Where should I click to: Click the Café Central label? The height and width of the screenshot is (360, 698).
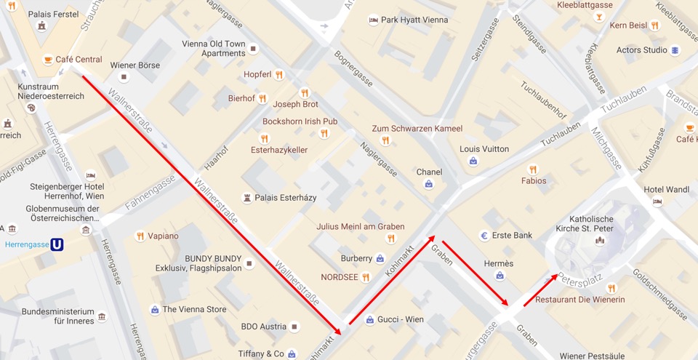[x=79, y=60]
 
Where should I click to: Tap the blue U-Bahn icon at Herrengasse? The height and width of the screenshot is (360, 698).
[x=57, y=244]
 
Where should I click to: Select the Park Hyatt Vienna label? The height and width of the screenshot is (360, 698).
[x=414, y=20]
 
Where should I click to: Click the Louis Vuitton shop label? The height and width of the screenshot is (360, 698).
[x=484, y=149]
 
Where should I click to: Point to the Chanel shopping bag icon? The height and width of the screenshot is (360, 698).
[x=429, y=185]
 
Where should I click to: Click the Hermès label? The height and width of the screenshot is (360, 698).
[x=499, y=263]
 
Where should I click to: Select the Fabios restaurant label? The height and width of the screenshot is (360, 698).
[x=534, y=180]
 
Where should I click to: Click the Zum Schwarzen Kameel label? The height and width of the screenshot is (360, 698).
[x=417, y=129]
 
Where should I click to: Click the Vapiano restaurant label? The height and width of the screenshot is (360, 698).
[x=163, y=236]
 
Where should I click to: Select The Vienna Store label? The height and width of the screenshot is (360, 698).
[x=194, y=309]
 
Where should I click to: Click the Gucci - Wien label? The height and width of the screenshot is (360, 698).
[x=400, y=319]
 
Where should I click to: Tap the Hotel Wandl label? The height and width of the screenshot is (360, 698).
[x=667, y=190]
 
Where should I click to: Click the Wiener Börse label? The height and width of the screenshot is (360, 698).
[x=135, y=65]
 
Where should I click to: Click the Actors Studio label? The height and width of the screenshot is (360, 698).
[x=641, y=50]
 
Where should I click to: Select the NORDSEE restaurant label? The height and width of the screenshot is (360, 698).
[x=339, y=277]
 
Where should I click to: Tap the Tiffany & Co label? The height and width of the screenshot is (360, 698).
[x=261, y=354]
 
